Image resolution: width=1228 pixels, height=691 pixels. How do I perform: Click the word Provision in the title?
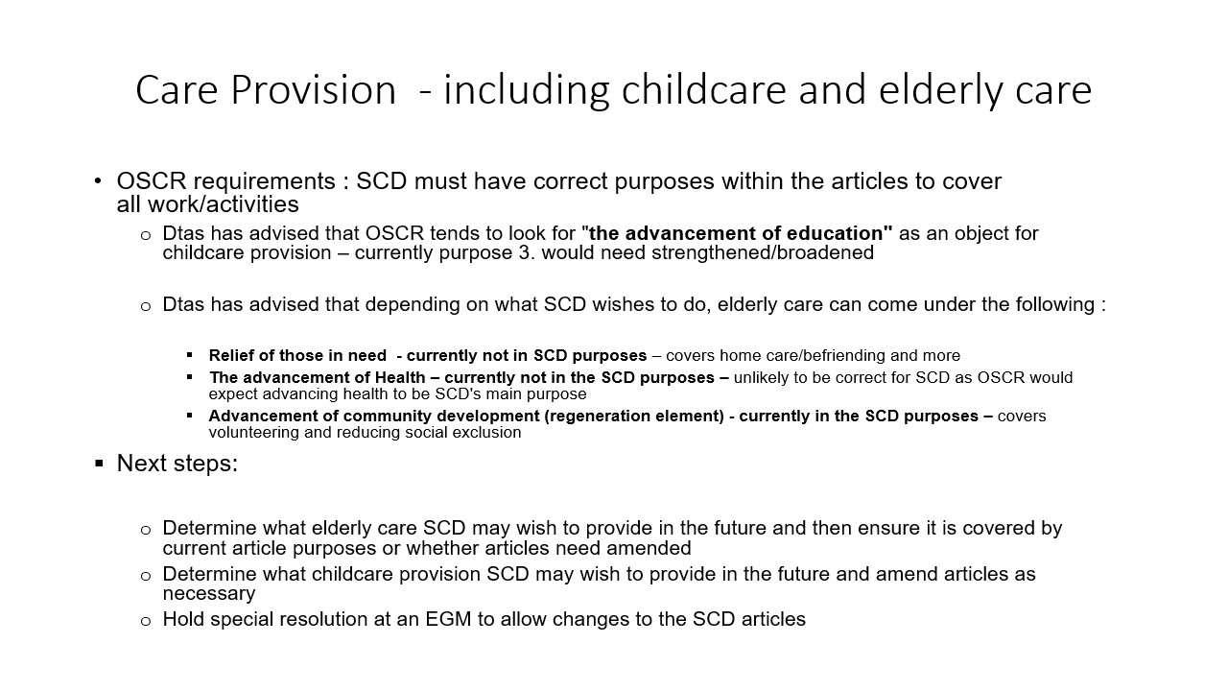[x=313, y=90]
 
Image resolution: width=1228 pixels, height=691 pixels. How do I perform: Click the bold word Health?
[x=400, y=377]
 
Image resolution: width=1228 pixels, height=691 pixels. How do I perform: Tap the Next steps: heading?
[x=177, y=464]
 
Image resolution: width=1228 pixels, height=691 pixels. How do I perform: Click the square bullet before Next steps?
[x=99, y=464]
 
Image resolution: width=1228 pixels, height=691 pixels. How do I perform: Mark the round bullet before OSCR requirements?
[x=98, y=181]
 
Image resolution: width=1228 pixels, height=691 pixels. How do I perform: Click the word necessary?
[x=209, y=594]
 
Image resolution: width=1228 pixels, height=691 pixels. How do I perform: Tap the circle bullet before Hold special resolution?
[x=145, y=621]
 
